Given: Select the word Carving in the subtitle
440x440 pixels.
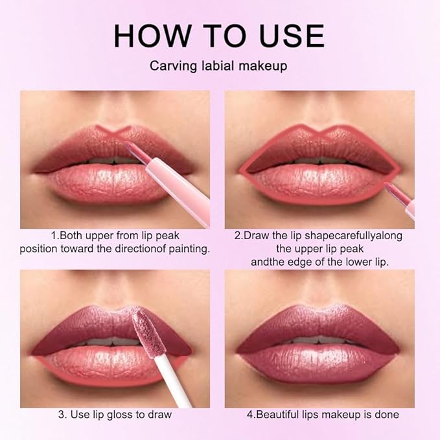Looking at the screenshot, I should (x=170, y=65).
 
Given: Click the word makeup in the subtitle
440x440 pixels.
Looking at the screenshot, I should (x=265, y=65).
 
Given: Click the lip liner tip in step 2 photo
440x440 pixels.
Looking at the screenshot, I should (x=391, y=188).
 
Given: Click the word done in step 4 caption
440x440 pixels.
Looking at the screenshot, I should (x=387, y=415).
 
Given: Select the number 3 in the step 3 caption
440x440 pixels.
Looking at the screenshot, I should (x=61, y=415).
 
